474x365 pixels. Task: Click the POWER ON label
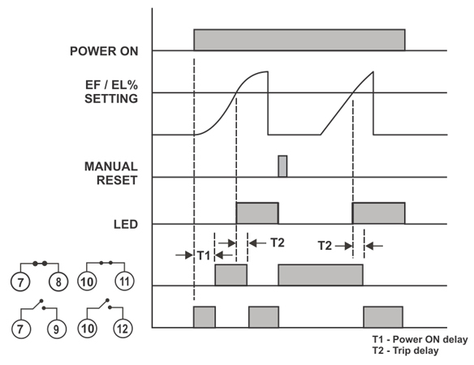[104, 51]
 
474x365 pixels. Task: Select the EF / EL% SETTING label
[111, 92]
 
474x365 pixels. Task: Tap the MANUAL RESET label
[111, 174]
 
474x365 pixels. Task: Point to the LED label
[126, 224]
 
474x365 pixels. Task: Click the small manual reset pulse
[282, 166]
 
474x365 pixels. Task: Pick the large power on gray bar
[299, 40]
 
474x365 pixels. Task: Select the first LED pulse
[257, 213]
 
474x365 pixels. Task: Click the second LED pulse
[378, 213]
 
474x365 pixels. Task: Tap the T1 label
[204, 255]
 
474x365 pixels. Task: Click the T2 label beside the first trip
[278, 243]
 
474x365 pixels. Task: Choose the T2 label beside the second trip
[325, 246]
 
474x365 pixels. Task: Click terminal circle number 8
[58, 282]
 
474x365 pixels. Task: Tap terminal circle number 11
[124, 281]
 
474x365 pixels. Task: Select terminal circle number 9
[57, 328]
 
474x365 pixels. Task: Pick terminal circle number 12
[123, 328]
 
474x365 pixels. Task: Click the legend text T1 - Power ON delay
[420, 339]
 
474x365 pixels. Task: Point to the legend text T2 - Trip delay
[405, 350]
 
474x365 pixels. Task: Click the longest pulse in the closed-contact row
[321, 275]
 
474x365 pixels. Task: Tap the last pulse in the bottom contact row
[383, 317]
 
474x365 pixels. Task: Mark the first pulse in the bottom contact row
[205, 317]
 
